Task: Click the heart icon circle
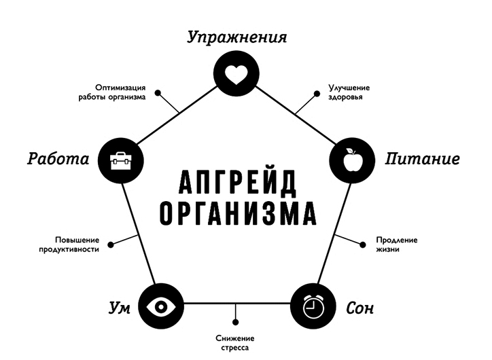[x=236, y=74]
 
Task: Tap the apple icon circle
[x=352, y=160]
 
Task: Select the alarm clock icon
[x=313, y=306]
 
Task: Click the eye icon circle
[x=161, y=306]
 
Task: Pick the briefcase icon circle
[x=121, y=160]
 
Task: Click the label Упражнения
[x=237, y=37]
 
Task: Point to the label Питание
[x=422, y=159]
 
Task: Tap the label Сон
[x=360, y=308]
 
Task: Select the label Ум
[x=119, y=308]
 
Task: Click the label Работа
[x=58, y=159]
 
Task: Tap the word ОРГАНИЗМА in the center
[x=238, y=213]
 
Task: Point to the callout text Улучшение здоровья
[x=349, y=92]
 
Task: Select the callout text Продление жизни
[x=397, y=245]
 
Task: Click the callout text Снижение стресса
[x=235, y=343]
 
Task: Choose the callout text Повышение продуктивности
[x=69, y=245]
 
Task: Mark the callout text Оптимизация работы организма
[x=112, y=92]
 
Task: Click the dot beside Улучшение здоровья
[x=317, y=94]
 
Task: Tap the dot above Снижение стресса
[x=236, y=322]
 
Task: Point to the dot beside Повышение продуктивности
[x=111, y=245]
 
